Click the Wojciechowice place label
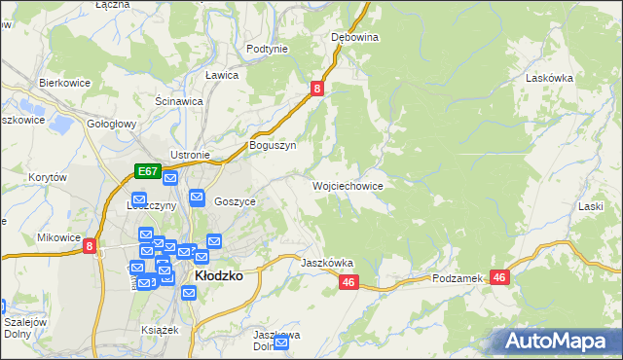click(x=348, y=186)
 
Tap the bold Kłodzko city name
click(x=219, y=275)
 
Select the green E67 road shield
click(x=147, y=171)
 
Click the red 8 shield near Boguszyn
click(x=317, y=89)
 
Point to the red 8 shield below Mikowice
click(x=90, y=247)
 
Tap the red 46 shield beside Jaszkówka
click(x=350, y=282)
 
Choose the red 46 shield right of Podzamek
click(x=500, y=277)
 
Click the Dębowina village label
click(x=354, y=37)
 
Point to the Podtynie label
click(x=267, y=49)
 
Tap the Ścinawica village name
click(x=179, y=100)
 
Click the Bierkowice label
click(x=64, y=84)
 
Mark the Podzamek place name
click(x=458, y=278)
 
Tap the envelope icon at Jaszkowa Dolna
click(x=281, y=342)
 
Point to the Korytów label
click(x=47, y=178)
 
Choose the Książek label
click(x=160, y=330)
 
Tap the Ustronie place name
click(x=190, y=155)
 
